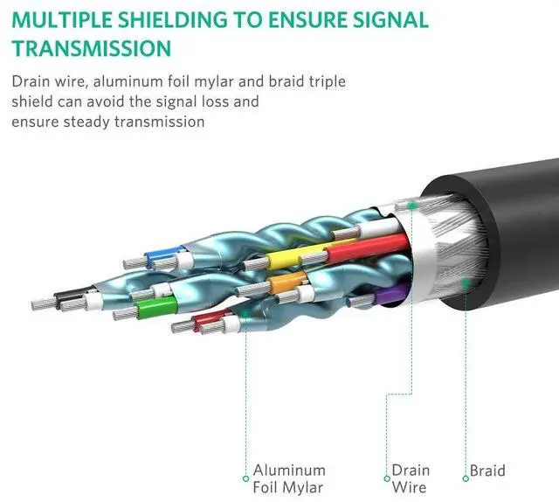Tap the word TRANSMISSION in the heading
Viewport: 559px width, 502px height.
[92, 48]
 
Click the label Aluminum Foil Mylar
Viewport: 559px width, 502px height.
[289, 478]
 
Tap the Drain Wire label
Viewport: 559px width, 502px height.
[411, 478]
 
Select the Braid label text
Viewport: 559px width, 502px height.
[487, 471]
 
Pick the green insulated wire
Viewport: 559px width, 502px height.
[157, 307]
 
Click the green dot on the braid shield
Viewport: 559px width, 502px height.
[466, 283]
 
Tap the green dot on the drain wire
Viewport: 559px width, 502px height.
[412, 206]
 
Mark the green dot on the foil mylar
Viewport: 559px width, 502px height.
[245, 314]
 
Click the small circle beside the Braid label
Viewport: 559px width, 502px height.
[466, 478]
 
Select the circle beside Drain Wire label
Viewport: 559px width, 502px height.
[387, 478]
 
